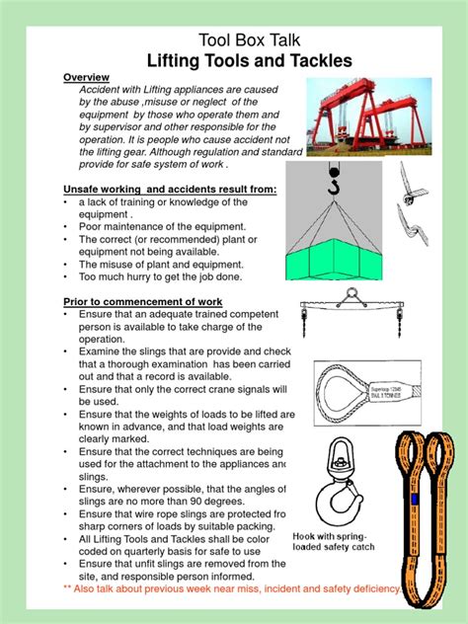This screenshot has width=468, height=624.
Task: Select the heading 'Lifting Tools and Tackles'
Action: pyautogui.click(x=233, y=61)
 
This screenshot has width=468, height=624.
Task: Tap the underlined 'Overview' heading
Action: pyautogui.click(x=86, y=78)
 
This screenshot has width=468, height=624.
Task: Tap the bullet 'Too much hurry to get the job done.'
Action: pyautogui.click(x=151, y=277)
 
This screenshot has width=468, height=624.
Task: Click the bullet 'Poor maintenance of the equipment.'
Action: pyautogui.click(x=154, y=226)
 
